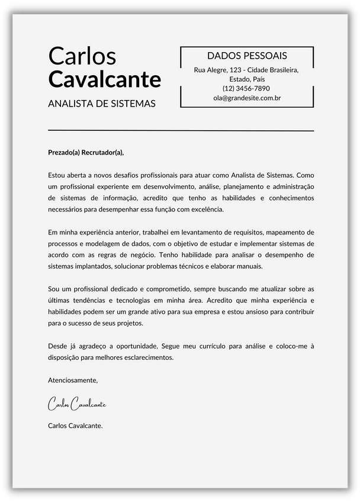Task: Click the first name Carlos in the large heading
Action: pyautogui.click(x=82, y=56)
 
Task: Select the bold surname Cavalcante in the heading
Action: pyautogui.click(x=104, y=79)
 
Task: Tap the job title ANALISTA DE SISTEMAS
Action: pyautogui.click(x=101, y=104)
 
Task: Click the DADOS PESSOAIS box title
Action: pyautogui.click(x=247, y=56)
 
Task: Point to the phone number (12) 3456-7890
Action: pyautogui.click(x=247, y=88)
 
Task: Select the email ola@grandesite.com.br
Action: pyautogui.click(x=247, y=98)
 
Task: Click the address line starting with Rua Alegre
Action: pyautogui.click(x=247, y=70)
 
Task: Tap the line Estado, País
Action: pyautogui.click(x=247, y=79)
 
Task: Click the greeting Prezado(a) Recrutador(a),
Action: pyautogui.click(x=86, y=152)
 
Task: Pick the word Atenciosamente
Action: pyautogui.click(x=73, y=380)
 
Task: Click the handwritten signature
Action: pyautogui.click(x=77, y=404)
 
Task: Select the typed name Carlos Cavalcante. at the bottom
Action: pyautogui.click(x=75, y=425)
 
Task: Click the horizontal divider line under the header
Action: pyautogui.click(x=181, y=130)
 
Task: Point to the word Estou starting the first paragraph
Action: pyautogui.click(x=57, y=175)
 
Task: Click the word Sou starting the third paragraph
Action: pyautogui.click(x=54, y=289)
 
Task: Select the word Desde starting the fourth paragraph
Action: pyautogui.click(x=57, y=346)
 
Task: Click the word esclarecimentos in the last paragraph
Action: pyautogui.click(x=150, y=357)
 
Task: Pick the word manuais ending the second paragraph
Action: pyautogui.click(x=249, y=266)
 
